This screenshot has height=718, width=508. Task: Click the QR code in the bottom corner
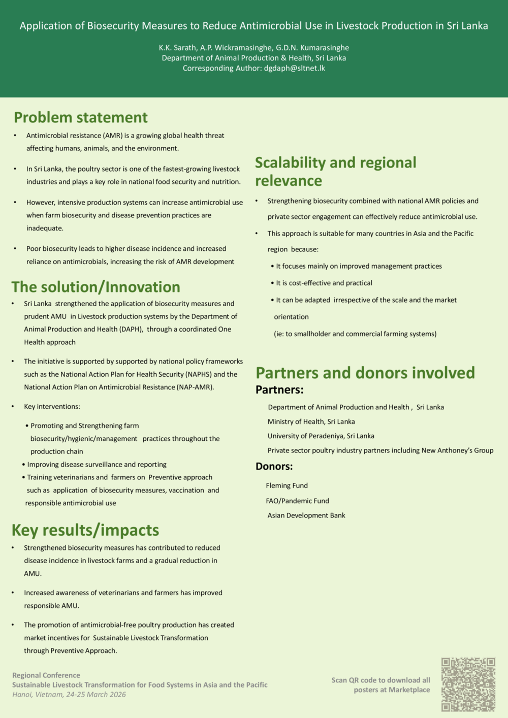pos(468,684)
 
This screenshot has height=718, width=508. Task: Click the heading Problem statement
pos(81,117)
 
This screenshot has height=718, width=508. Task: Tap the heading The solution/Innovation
pos(96,287)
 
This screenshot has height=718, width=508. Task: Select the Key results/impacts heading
pos(85,530)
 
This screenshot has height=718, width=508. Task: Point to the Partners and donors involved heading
pos(365,373)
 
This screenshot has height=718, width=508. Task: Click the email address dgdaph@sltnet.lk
pos(294,68)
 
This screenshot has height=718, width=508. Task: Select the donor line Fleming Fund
pos(287,485)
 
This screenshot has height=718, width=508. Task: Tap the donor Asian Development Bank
pos(306,515)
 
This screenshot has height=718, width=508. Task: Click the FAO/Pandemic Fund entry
pos(297,501)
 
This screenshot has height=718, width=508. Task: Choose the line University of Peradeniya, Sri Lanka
pos(321,436)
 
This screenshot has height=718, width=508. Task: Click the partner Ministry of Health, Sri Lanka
pos(311,421)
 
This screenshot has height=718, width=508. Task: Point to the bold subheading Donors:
pos(274,466)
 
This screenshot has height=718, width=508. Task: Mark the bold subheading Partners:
pos(279,390)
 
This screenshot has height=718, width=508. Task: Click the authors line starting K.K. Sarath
pos(253,48)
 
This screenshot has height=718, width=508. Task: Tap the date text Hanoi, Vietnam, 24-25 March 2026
pos(69,694)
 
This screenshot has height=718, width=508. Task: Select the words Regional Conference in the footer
pos(46,675)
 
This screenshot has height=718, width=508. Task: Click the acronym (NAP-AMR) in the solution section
pos(195,387)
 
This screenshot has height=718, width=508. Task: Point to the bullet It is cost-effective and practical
pos(324,283)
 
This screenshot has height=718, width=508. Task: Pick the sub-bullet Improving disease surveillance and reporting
pos(97,464)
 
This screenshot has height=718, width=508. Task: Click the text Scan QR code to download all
pos(380,680)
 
